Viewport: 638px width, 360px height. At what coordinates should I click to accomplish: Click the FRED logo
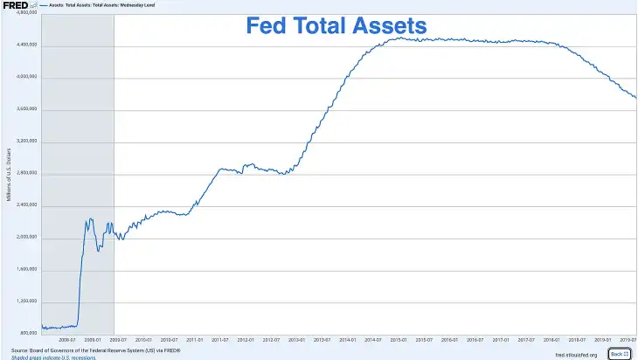click(15, 5)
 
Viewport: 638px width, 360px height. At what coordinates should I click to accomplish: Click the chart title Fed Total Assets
click(336, 26)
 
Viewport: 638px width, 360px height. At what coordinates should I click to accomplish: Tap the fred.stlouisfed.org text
click(575, 354)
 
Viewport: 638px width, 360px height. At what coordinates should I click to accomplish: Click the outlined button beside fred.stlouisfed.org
click(619, 354)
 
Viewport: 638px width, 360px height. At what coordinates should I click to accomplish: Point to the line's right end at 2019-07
click(635, 97)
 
